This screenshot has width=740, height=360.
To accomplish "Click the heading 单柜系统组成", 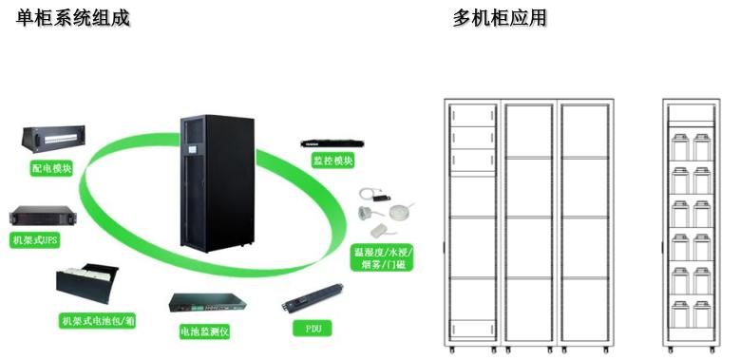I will pos(73,18).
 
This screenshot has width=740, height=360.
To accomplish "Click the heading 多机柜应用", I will pos(500,18).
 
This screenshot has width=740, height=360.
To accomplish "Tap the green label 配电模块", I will pos(51,167).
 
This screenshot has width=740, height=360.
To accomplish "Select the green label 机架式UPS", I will pos(35,240).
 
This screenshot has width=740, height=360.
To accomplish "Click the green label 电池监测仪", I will pos(205,332).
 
